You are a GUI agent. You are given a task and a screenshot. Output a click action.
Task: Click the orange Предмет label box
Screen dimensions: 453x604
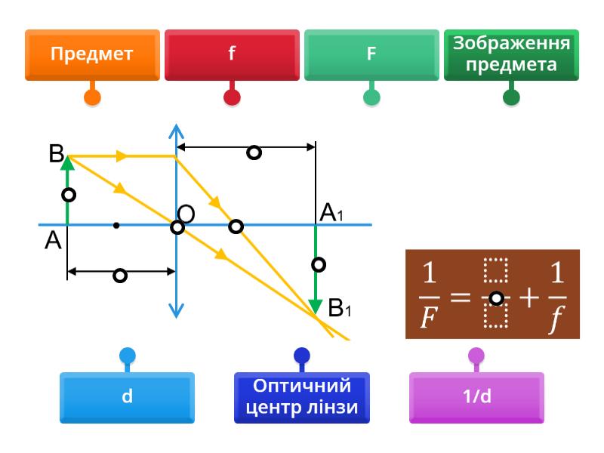pyautogui.click(x=92, y=54)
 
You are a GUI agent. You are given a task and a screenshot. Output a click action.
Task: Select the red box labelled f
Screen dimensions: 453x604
pyautogui.click(x=232, y=54)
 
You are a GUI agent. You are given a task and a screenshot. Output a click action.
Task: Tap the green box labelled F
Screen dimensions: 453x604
pyautogui.click(x=371, y=54)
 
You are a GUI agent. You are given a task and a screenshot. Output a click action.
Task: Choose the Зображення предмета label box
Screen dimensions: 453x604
pyautogui.click(x=511, y=54)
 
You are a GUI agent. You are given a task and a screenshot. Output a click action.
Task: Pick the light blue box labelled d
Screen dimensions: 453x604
pyautogui.click(x=127, y=397)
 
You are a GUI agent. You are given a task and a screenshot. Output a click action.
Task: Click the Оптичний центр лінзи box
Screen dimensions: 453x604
pyautogui.click(x=302, y=397)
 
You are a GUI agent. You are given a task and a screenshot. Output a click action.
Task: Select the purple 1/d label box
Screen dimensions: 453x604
pyautogui.click(x=476, y=397)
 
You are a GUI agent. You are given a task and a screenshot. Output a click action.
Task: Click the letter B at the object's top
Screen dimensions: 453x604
pyautogui.click(x=57, y=155)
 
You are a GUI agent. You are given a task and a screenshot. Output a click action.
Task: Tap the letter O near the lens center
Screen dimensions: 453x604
pyautogui.click(x=186, y=215)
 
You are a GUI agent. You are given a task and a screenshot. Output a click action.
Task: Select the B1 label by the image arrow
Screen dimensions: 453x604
pyautogui.click(x=340, y=309)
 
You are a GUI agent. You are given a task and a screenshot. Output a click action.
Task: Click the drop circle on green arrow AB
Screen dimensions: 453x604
pyautogui.click(x=68, y=196)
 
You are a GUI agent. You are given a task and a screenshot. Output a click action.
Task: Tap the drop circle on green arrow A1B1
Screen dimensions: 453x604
pyautogui.click(x=319, y=265)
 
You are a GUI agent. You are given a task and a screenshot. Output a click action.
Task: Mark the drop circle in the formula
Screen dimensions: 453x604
pyautogui.click(x=495, y=298)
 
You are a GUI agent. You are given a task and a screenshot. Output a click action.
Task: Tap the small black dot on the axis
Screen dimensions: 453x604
pyautogui.click(x=116, y=225)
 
